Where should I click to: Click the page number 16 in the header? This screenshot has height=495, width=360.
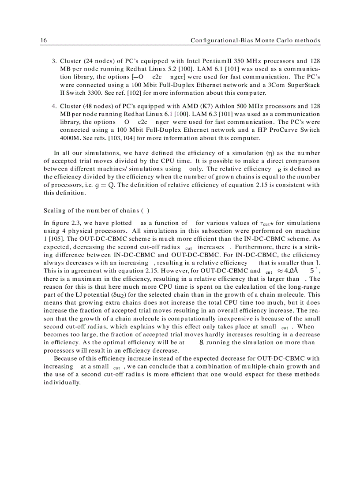click(x=43, y=41)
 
